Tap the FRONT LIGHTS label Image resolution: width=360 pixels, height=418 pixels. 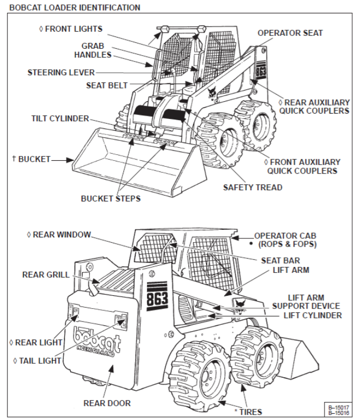pos(74,28)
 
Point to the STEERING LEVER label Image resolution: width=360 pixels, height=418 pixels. pos(61,72)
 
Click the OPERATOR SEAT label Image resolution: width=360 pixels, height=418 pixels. pos(290,33)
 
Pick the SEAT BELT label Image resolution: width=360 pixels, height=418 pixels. pos(106,85)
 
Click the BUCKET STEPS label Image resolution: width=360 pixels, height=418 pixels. pos(111,198)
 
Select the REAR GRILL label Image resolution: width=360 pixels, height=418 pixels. pos(46,275)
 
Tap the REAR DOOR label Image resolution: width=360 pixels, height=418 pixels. pos(107,402)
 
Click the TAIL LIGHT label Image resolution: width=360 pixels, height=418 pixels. pos(37,361)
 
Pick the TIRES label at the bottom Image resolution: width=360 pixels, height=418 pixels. pos(249,412)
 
